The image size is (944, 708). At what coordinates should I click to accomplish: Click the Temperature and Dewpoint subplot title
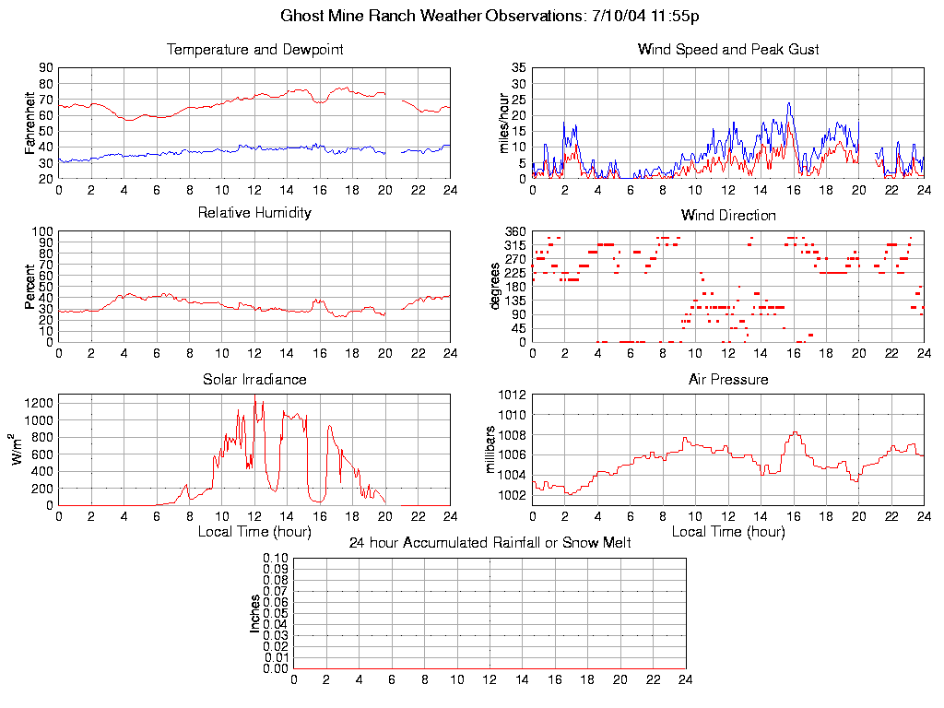254,50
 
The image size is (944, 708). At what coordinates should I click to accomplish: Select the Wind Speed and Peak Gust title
728,50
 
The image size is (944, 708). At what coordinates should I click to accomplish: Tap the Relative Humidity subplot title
254,213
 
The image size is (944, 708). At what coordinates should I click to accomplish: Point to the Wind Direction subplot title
728,216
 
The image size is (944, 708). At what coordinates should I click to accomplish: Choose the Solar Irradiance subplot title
254,380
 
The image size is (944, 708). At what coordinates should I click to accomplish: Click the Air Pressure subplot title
728,380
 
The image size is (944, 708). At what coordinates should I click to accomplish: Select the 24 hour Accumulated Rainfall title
490,543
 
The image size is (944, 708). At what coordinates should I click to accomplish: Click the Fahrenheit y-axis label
30,123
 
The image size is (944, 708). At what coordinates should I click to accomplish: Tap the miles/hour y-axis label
503,123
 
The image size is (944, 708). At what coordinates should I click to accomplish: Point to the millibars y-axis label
491,449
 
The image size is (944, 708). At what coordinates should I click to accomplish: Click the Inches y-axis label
255,613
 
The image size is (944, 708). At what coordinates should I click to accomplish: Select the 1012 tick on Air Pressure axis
512,395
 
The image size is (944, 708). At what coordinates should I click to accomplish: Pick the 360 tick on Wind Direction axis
515,231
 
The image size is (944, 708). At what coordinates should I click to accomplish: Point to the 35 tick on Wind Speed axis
519,68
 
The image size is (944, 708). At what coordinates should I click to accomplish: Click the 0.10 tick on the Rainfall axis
276,559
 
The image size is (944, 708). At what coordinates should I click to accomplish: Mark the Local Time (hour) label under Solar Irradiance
254,532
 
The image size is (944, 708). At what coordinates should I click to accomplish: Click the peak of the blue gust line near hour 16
789,103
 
